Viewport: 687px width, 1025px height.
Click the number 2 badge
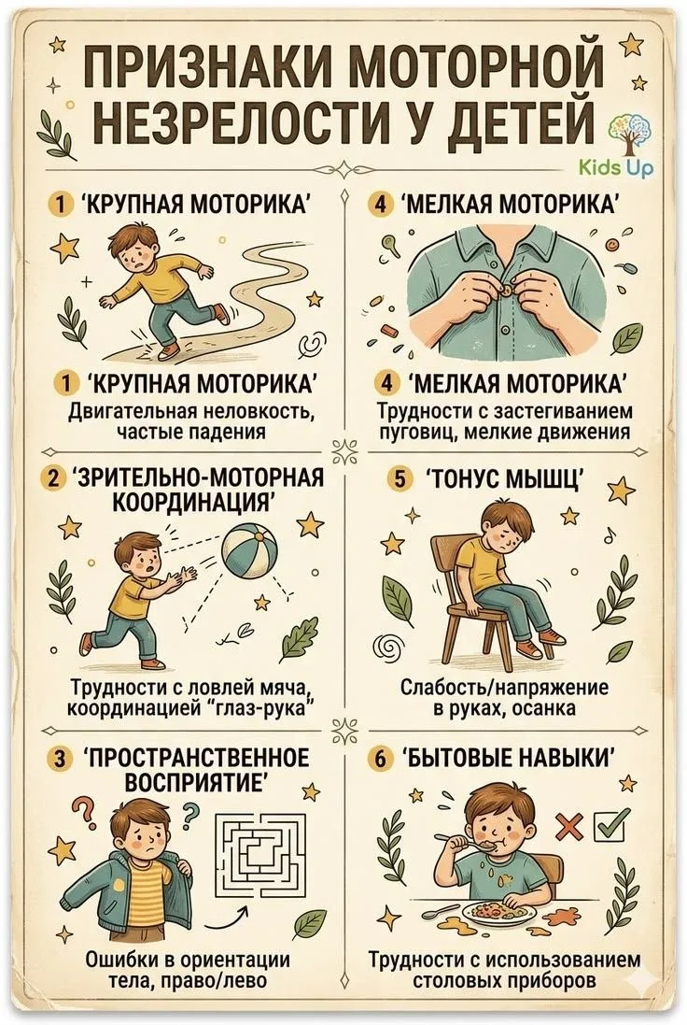(x=52, y=477)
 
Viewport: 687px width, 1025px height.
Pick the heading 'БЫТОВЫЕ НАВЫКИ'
(x=508, y=759)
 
